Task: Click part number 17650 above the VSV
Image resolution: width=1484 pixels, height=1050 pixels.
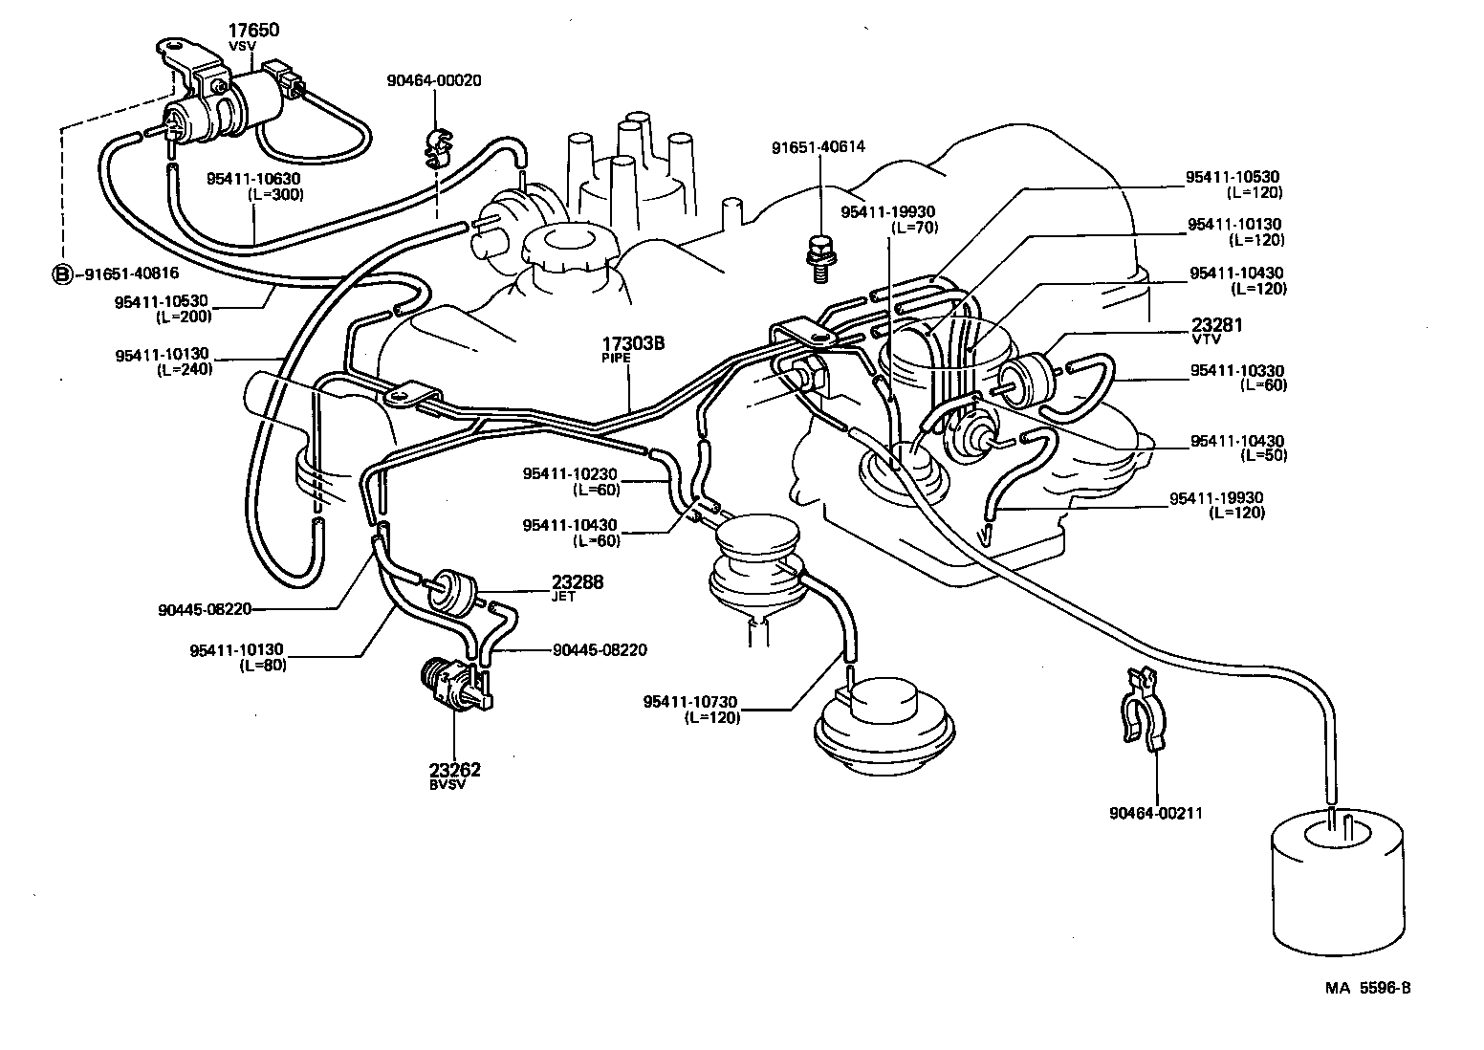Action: (x=252, y=31)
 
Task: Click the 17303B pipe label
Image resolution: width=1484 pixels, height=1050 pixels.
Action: (x=632, y=343)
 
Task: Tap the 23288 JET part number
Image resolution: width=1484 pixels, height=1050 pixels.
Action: (x=577, y=581)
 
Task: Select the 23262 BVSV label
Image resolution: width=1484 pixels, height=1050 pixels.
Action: (x=454, y=770)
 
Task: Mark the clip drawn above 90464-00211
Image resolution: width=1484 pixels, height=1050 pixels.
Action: (x=1142, y=712)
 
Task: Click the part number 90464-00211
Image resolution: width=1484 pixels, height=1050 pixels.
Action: (x=1155, y=814)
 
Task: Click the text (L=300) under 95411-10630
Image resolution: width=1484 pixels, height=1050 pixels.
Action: (x=273, y=194)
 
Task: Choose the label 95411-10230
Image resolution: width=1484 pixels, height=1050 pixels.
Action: (x=570, y=473)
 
